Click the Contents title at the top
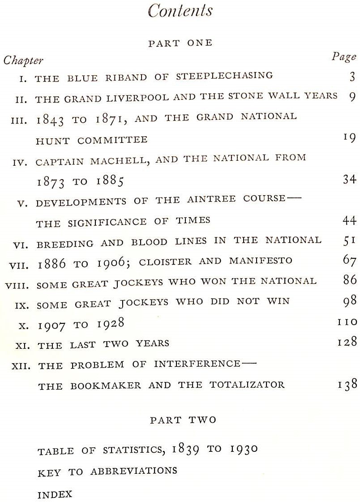pos(180,11)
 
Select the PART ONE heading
pos(180,43)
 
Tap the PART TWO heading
pos(183,420)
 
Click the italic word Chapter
pos(23,60)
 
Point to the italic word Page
pos(344,56)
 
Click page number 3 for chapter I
pos(352,77)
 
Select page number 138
pos(347,384)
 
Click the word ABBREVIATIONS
pos(133,471)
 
